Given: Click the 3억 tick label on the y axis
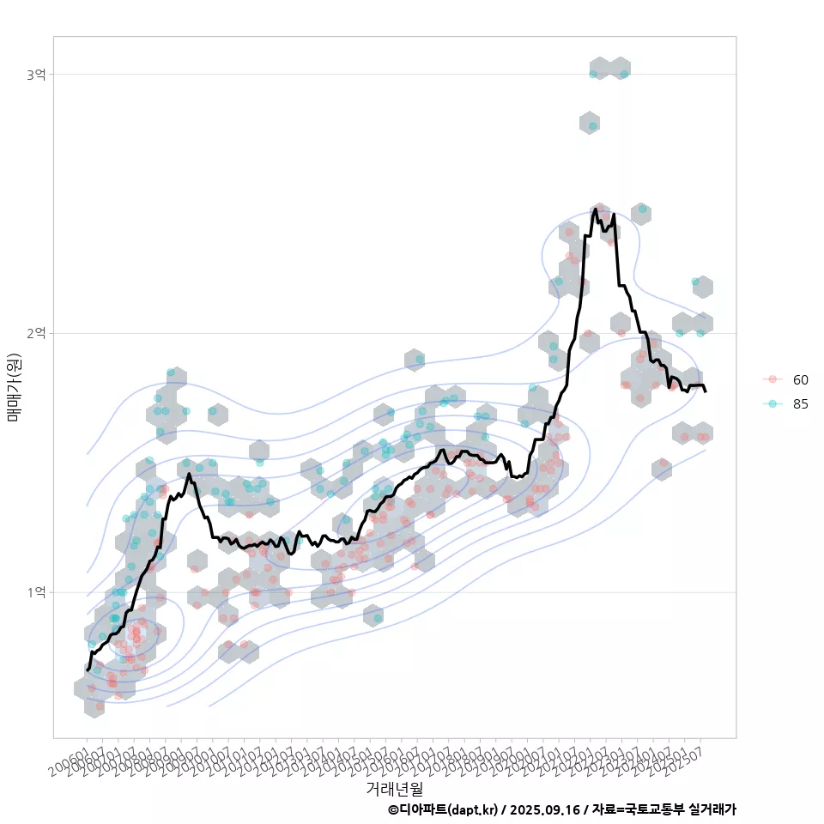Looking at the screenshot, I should point(35,75).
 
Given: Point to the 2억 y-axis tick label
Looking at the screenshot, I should point(35,333).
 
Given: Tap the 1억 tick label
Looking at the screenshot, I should point(35,592).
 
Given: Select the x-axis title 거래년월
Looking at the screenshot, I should point(394,788).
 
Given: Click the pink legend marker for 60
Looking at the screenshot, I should point(772,379).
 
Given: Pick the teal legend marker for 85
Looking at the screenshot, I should point(772,404).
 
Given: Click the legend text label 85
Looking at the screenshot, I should point(801,404).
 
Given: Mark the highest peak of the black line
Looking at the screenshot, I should point(595,209).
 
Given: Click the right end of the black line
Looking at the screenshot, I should point(706,391).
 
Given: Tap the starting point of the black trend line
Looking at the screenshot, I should point(87,669).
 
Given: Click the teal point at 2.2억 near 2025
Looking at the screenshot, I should point(695,282).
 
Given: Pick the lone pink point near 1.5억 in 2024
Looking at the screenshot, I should point(663,463).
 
